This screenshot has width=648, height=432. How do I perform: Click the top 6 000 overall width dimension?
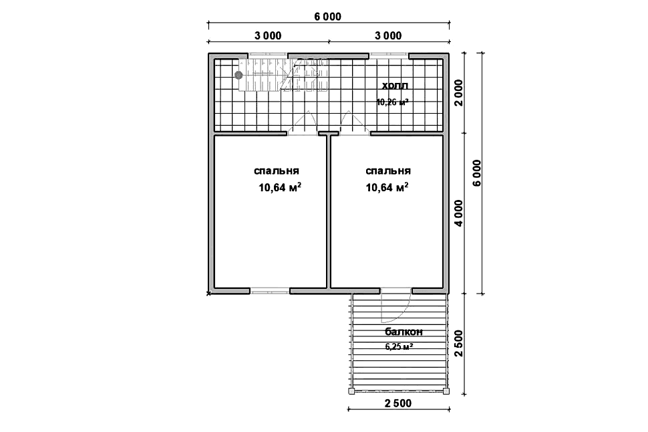coord(328,17)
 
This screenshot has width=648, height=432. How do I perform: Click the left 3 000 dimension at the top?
coord(268,35)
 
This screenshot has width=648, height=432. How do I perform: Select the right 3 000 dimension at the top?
coord(388,35)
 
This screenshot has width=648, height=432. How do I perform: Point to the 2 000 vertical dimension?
coord(459,93)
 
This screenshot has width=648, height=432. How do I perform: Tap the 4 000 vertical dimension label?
coord(459,213)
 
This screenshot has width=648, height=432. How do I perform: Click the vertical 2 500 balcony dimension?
coord(459,343)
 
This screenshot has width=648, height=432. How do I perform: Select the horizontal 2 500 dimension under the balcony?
coord(398,403)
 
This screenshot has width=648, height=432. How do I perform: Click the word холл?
coord(395,86)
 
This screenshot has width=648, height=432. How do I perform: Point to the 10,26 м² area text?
coord(393,102)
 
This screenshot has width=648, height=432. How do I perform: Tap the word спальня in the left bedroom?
coord(277,171)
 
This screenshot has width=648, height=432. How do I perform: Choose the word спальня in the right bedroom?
coord(388,171)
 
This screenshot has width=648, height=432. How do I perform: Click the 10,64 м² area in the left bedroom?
coord(280,187)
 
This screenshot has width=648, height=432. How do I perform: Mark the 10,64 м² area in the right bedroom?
coord(387,187)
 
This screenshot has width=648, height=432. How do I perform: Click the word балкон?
coord(403,332)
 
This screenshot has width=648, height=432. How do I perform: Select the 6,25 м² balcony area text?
coord(399,346)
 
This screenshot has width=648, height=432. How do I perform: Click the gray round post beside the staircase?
coord(238,75)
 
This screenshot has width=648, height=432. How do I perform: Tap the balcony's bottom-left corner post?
coord(351,391)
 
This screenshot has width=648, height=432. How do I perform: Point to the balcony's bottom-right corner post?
coord(446,391)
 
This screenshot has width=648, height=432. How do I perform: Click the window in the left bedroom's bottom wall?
coord(269,291)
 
